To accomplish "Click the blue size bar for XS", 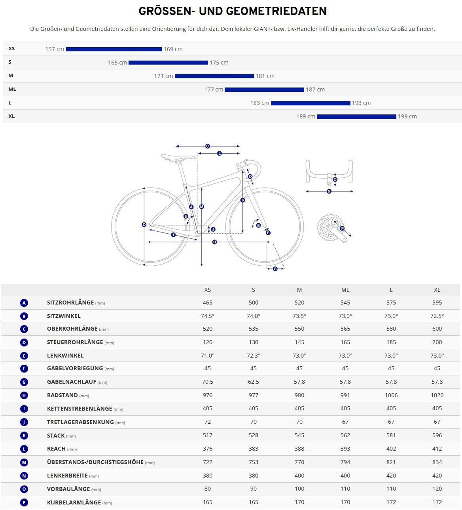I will tap(114, 49).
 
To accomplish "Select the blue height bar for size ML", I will tap(264, 89).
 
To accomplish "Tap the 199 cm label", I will tap(407, 116).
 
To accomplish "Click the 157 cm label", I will tap(55, 49).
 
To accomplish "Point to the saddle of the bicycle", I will tap(178, 157).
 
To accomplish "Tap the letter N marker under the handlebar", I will tap(329, 191).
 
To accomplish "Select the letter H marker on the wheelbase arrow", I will tap(214, 242).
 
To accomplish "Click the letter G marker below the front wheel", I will tap(275, 269).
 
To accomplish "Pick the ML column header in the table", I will tap(345, 290).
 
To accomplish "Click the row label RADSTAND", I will tap(62, 395).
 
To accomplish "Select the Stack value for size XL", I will tap(437, 435).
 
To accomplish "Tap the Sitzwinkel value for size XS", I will tap(208, 316).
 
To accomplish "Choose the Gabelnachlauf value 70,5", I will tap(208, 382).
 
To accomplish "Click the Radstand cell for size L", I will tap(391, 395).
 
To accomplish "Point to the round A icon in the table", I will tap(24, 303).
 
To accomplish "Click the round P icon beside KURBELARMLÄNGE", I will tap(24, 502).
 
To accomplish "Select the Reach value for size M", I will tap(299, 449).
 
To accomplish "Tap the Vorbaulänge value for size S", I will tap(254, 489).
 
